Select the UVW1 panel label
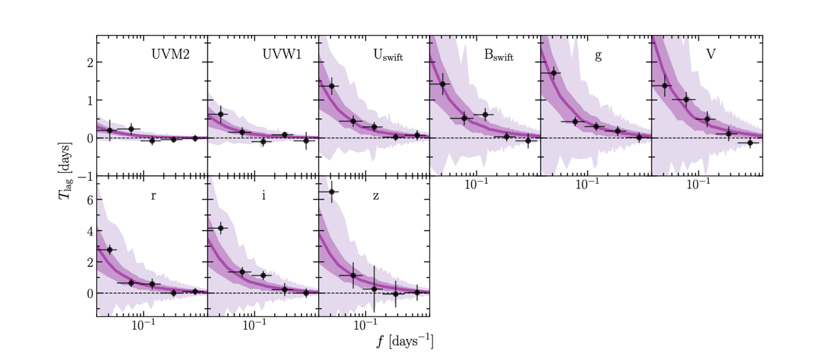(280, 55)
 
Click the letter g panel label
(598, 55)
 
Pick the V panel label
(710, 55)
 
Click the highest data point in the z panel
(332, 192)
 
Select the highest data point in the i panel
(221, 228)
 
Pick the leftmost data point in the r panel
(109, 250)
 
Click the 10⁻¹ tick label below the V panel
(697, 185)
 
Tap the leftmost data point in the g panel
(553, 73)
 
